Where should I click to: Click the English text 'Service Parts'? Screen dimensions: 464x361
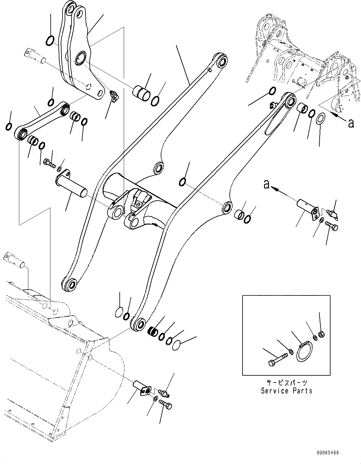[286, 391]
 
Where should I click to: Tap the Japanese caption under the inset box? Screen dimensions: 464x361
[287, 383]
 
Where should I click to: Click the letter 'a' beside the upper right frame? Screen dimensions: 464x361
[351, 124]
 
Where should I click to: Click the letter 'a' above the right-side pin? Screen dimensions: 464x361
[266, 185]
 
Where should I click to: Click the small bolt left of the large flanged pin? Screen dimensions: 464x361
[49, 162]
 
